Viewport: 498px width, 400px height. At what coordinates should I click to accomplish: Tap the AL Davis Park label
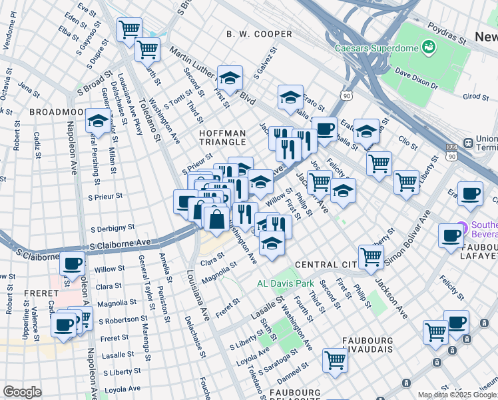click(x=286, y=283)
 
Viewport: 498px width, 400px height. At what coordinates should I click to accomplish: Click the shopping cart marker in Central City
click(x=371, y=256)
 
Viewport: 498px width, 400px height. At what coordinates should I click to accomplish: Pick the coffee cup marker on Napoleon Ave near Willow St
click(x=73, y=263)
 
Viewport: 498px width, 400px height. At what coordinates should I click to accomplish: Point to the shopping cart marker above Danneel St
click(x=335, y=360)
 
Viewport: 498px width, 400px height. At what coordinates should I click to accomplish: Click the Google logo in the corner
click(x=22, y=392)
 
